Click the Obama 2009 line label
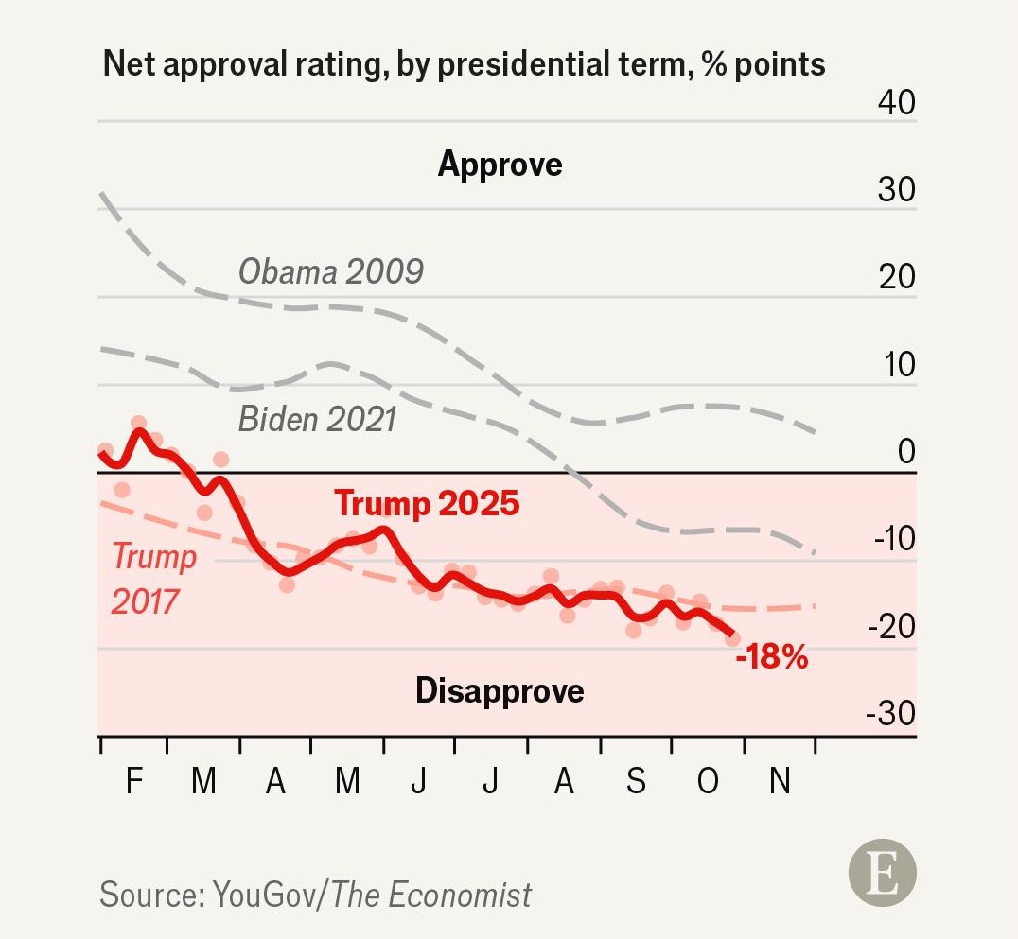click(x=330, y=272)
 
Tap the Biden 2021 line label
click(x=317, y=418)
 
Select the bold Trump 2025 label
click(x=427, y=503)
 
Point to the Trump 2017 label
click(x=154, y=578)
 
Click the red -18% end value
click(x=772, y=657)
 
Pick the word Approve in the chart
click(x=500, y=165)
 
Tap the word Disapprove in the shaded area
click(x=500, y=690)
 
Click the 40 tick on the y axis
click(x=897, y=102)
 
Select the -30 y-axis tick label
click(x=890, y=714)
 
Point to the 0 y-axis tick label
click(x=906, y=452)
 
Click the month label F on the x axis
click(x=133, y=782)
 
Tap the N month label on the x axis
click(x=780, y=782)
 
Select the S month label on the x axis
click(x=636, y=782)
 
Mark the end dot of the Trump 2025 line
click(x=732, y=637)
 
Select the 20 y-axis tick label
click(x=897, y=277)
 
